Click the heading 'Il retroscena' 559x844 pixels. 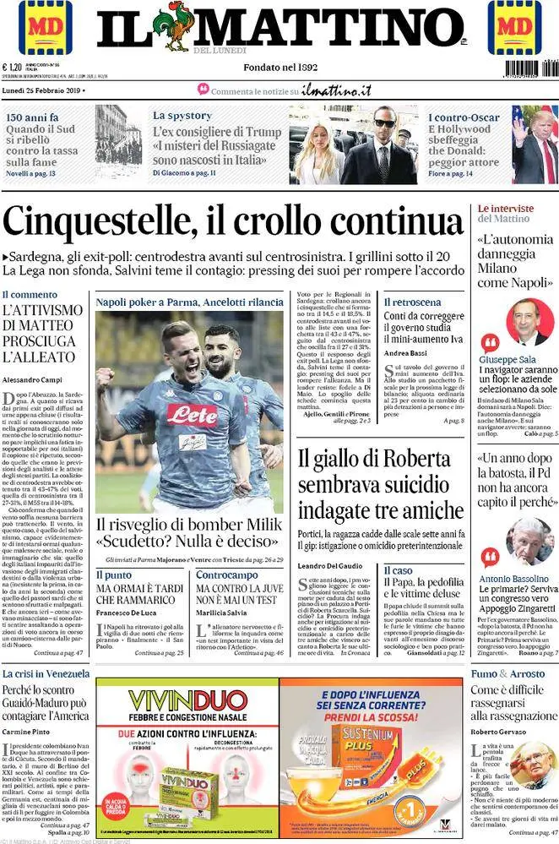point(412,302)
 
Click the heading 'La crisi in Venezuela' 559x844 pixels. point(46,673)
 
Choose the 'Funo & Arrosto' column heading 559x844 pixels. point(507,673)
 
